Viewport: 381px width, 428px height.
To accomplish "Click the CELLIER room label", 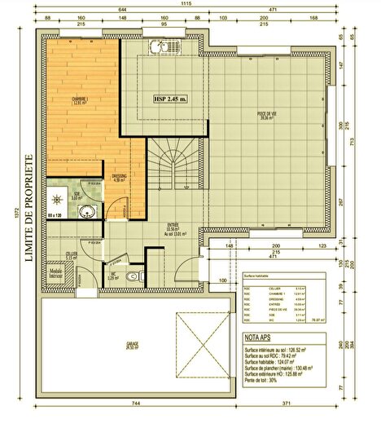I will pyautogui.click(x=72, y=256).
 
